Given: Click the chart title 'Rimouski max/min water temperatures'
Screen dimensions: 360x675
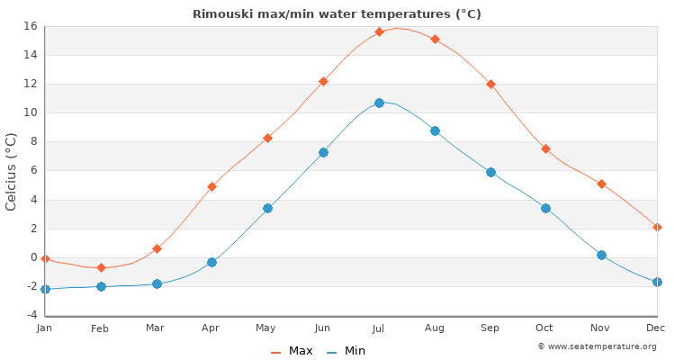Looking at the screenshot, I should click(337, 13).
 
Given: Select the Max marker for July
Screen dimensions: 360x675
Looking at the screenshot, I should click(379, 31).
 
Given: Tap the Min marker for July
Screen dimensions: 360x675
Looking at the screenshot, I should click(379, 103).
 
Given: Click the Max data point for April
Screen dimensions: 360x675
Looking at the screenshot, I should click(211, 186).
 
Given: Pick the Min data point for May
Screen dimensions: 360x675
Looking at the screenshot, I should click(267, 208).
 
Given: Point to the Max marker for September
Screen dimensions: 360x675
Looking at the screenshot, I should click(490, 84).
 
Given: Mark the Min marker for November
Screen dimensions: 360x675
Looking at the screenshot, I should click(601, 255).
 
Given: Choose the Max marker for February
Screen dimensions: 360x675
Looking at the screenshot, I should click(101, 267).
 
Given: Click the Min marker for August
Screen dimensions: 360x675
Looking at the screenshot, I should click(435, 130).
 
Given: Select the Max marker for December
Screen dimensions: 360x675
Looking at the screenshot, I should click(657, 227).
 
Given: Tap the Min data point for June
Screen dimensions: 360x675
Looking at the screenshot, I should click(323, 152).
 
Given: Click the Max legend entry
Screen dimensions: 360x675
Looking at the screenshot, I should click(292, 351).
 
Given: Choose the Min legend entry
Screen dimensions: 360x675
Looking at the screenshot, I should click(346, 351).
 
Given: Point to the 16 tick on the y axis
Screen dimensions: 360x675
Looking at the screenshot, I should click(30, 26).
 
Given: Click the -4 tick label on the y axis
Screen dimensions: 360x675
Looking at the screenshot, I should click(30, 315).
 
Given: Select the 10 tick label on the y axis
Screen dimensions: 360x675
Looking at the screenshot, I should click(30, 112).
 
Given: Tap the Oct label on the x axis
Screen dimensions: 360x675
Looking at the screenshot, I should click(545, 328).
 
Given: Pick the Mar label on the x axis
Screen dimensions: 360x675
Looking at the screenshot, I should click(156, 328).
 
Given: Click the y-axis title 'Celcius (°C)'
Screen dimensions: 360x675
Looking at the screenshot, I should click(12, 171).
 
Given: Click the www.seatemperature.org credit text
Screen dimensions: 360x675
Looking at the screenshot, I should click(597, 346).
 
